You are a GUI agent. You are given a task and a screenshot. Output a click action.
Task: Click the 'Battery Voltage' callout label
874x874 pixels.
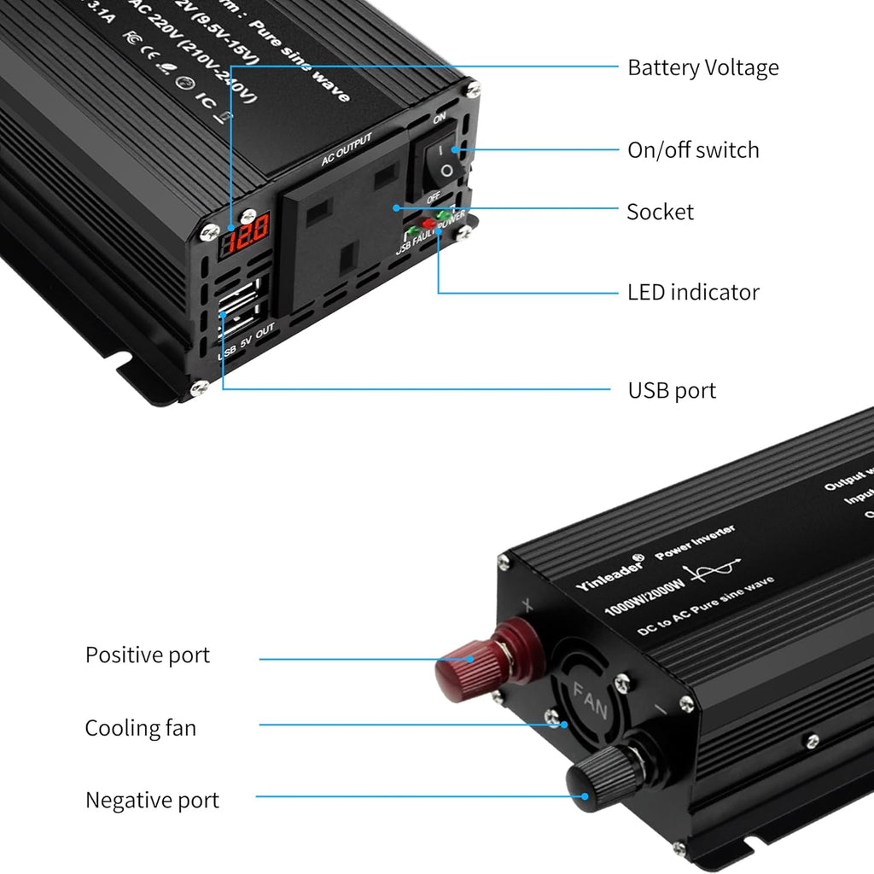coord(702,67)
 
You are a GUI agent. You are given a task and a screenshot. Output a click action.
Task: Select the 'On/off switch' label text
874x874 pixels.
coord(693,150)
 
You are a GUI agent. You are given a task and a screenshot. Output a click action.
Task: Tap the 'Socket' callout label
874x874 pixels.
coord(660,212)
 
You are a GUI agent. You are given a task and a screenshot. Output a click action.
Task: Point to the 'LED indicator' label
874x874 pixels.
coord(693,292)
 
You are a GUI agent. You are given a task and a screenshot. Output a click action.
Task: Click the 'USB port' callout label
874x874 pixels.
coord(672,391)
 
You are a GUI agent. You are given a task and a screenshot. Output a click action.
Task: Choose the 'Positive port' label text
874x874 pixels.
coord(147,655)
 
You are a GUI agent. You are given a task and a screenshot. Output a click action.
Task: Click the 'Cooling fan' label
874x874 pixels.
coord(140,728)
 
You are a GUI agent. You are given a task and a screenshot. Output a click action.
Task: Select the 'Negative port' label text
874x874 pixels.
coord(152,801)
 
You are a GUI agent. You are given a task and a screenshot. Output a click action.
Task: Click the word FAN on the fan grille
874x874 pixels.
coord(591,700)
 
